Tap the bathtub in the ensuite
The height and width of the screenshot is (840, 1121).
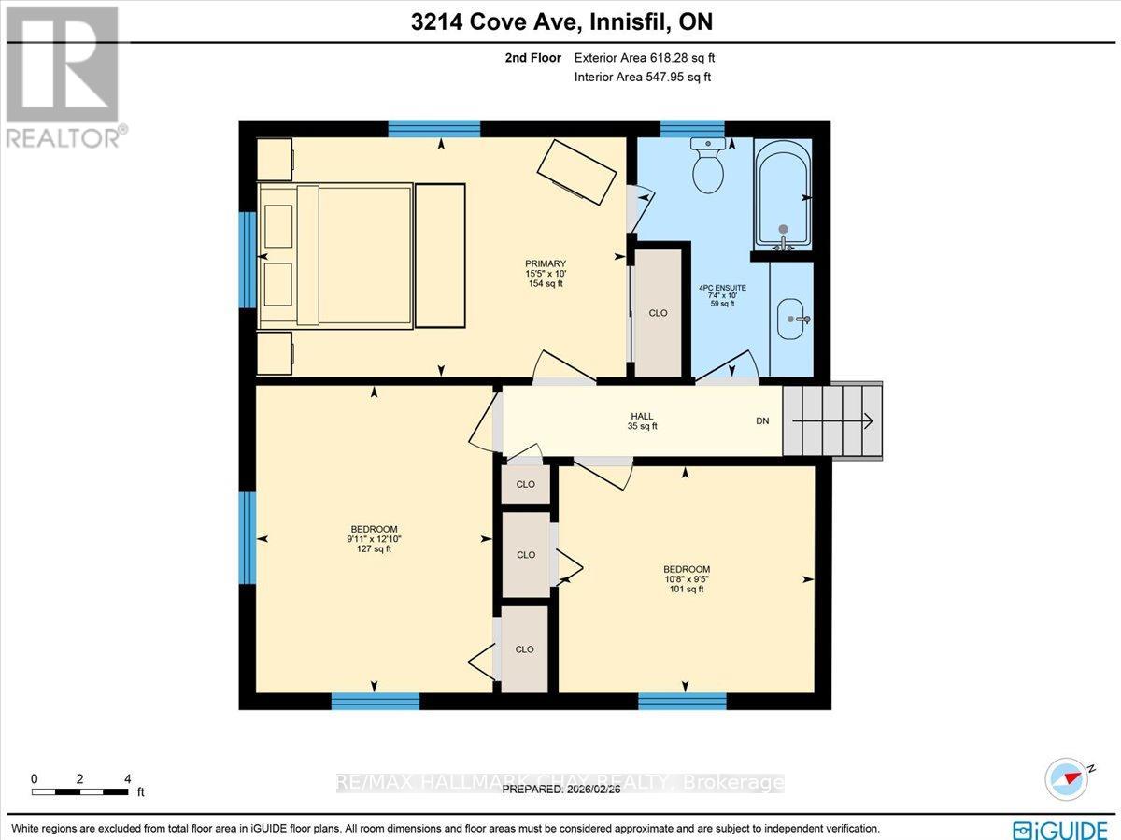pos(782,194)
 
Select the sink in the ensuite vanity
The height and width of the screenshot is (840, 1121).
pos(793,320)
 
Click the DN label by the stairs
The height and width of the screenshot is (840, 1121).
pos(762,421)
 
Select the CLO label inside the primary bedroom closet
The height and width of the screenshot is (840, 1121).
pos(658,313)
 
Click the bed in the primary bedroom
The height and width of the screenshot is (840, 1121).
pos(336,255)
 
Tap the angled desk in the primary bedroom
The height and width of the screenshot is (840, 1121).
pos(576,171)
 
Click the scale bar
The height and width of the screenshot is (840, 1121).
pos(80,791)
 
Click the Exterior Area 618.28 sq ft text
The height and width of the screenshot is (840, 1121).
pos(645,58)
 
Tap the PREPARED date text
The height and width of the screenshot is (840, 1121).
pos(560,790)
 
